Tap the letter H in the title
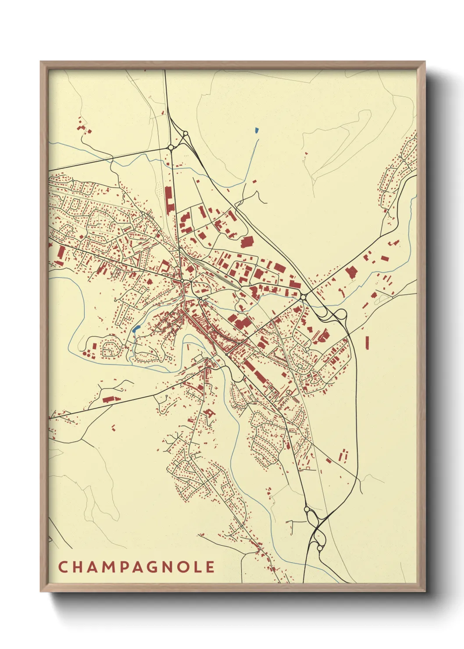[78, 567]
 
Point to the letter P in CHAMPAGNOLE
[125, 567]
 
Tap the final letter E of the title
[211, 567]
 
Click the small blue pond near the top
[256, 130]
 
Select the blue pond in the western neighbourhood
[136, 328]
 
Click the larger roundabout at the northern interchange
[171, 147]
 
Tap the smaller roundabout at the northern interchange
[186, 133]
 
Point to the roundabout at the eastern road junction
[303, 297]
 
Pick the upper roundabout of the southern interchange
[307, 510]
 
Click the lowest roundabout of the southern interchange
[320, 548]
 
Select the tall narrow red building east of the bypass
[367, 342]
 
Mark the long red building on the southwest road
[108, 399]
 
